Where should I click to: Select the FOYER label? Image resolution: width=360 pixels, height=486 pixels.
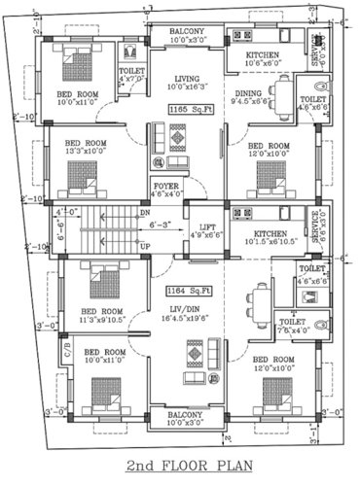[165, 184]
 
